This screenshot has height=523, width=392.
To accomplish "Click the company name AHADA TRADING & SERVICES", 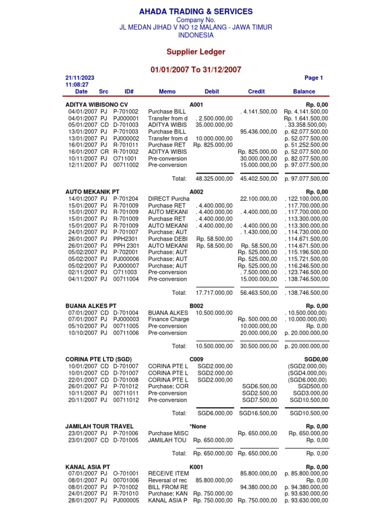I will click(196, 11).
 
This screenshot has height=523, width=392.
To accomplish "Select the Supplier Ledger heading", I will click(196, 52).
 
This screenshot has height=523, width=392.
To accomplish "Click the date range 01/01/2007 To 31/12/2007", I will click(196, 69).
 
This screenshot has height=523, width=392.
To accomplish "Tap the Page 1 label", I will click(313, 78).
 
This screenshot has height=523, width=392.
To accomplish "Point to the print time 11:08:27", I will click(77, 85).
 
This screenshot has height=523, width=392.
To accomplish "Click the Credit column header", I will click(256, 91).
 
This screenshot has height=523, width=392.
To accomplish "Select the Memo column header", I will click(167, 91).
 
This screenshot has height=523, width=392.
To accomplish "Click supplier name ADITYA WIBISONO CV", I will click(96, 104).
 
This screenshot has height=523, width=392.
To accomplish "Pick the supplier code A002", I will click(197, 192).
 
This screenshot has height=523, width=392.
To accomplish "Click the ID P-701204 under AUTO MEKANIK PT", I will click(126, 198).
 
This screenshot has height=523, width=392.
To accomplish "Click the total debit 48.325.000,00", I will click(214, 179).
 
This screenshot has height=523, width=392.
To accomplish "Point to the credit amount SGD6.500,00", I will click(260, 386).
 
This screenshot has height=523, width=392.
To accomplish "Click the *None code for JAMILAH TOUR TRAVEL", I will click(198, 426).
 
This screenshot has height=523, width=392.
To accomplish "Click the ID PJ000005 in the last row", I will click(126, 501).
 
